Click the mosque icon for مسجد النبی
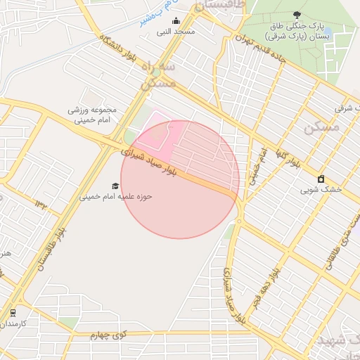pos(176,20)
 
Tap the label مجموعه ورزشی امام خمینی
pos(91,115)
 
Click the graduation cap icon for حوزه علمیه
pos(115,186)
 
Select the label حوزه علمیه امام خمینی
pos(115,197)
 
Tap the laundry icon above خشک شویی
pos(321,179)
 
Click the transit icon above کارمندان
pos(13,312)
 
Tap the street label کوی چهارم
pos(108,335)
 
